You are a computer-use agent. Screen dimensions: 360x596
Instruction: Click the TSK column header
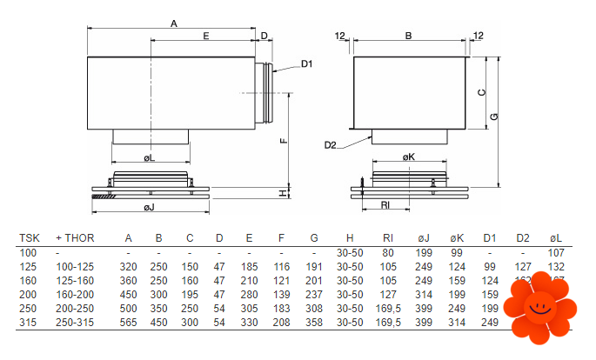tap(30, 237)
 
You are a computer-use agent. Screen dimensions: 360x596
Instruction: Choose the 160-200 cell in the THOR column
tap(76, 294)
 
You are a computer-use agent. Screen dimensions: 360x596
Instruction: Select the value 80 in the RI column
tap(388, 251)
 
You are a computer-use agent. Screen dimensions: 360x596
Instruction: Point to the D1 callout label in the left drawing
tap(306, 63)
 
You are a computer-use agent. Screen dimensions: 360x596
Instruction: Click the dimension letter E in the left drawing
tap(205, 37)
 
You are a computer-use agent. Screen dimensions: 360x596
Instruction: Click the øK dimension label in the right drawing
tap(409, 157)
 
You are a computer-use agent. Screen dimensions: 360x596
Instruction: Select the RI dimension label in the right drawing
tap(385, 203)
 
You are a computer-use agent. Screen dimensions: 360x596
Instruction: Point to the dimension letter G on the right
tap(493, 117)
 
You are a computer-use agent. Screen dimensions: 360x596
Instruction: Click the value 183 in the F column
tap(281, 308)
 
